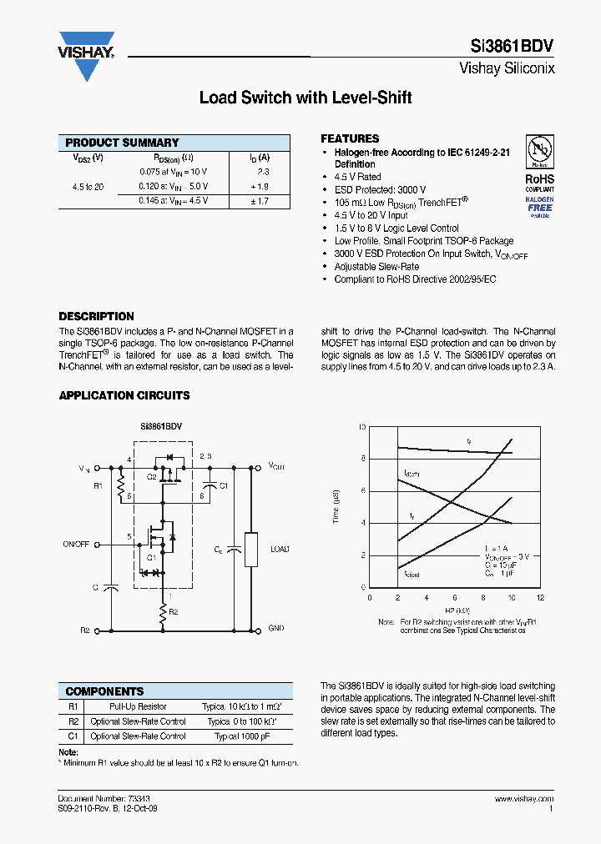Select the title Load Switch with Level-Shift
(306, 98)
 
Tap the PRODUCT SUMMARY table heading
(122, 143)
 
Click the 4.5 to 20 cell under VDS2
(88, 186)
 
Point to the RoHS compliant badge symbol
(539, 150)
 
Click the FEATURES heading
(350, 138)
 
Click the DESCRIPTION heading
(96, 316)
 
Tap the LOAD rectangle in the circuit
(250, 549)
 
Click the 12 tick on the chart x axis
(540, 598)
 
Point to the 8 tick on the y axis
(362, 458)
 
